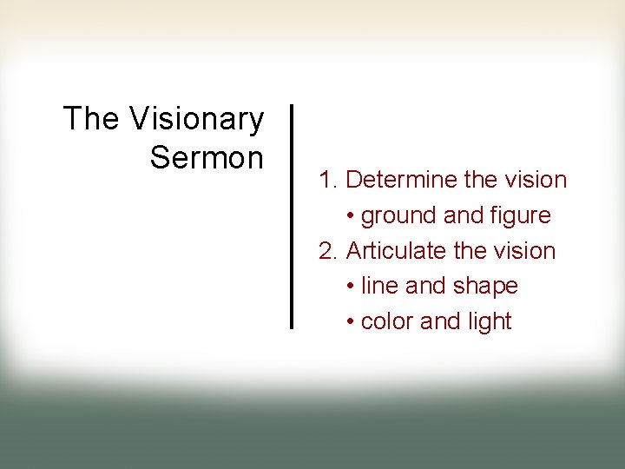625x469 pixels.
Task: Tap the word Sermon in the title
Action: pyautogui.click(x=207, y=158)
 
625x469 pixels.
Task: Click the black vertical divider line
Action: pyautogui.click(x=292, y=216)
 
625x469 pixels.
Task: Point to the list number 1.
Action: pyautogui.click(x=326, y=180)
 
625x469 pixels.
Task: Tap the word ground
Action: pyautogui.click(x=398, y=215)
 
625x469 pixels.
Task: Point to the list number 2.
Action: pyautogui.click(x=327, y=251)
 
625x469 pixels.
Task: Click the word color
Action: pyautogui.click(x=387, y=321)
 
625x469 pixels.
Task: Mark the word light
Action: pyautogui.click(x=489, y=321)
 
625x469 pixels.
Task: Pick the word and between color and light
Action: pyautogui.click(x=439, y=321)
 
